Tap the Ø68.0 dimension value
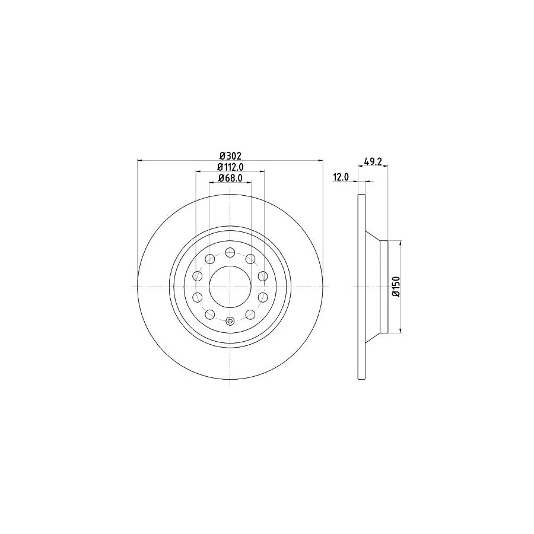click(230, 178)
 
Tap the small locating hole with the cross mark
click(230, 321)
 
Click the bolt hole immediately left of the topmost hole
click(209, 259)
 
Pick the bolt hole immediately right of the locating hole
click(250, 314)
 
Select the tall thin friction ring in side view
click(361, 287)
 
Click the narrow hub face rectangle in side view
click(383, 287)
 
